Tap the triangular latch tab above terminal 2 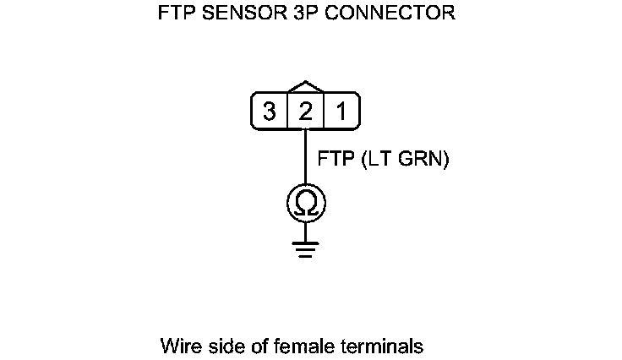[305, 88]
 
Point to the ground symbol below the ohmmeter [305, 248]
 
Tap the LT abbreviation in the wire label [377, 159]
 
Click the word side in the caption [223, 346]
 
